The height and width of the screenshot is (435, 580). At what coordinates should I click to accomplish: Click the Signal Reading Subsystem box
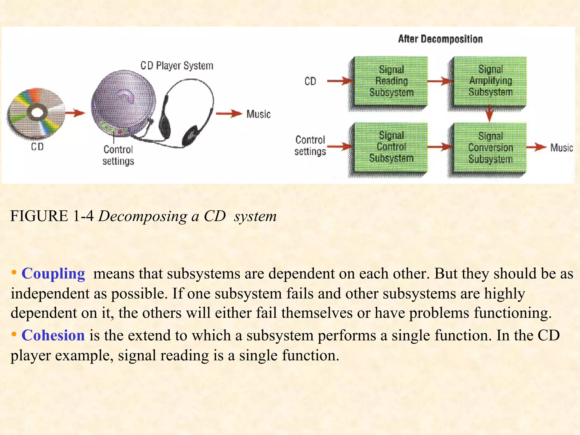coord(391,81)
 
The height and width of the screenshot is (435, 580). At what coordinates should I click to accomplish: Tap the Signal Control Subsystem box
coord(391,147)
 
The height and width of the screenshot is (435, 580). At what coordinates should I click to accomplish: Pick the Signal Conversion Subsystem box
coord(490,147)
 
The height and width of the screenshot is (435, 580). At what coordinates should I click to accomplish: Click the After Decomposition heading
coord(440,39)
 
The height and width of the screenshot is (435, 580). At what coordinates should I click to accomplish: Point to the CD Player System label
coord(177,66)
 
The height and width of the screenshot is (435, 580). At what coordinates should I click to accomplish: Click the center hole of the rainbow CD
coord(37,112)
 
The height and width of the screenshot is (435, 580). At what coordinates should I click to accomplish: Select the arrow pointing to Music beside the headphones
coord(229,114)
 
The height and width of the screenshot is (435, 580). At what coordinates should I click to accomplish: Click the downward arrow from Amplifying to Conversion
coord(490,114)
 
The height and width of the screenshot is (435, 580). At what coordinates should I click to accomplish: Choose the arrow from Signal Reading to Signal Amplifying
coord(440,81)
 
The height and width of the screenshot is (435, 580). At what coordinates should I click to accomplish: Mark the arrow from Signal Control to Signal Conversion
coord(440,147)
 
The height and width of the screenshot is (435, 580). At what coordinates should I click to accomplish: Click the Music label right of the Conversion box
coord(561,148)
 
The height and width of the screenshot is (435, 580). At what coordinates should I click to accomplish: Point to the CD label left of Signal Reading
coord(310,81)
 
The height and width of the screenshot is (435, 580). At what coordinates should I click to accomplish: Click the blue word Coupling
coord(53,274)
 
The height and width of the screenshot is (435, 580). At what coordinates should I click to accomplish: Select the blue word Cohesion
coord(53,335)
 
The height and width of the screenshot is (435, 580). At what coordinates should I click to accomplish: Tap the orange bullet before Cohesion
coord(14,334)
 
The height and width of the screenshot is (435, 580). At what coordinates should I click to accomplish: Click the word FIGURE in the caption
coord(39,216)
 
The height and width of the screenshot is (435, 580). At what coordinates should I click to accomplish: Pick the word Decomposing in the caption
coord(143,216)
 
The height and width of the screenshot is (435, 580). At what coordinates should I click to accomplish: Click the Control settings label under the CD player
coord(118,155)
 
